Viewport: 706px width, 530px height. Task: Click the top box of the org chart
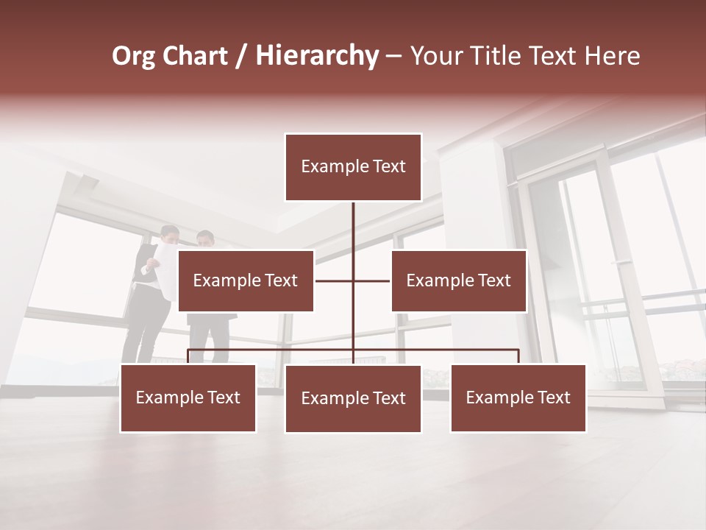(353, 167)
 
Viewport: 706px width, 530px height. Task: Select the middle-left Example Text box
(246, 280)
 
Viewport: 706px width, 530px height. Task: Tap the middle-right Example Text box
(458, 280)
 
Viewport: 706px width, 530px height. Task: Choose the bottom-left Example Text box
(188, 398)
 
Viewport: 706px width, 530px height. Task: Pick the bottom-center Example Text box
(353, 399)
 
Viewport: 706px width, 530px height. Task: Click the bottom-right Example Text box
(518, 398)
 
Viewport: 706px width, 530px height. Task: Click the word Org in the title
(133, 56)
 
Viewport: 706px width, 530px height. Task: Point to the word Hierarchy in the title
(317, 56)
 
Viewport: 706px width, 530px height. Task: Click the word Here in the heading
(612, 56)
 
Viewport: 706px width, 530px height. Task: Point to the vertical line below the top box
(353, 228)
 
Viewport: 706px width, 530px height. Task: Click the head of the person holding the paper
(170, 235)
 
